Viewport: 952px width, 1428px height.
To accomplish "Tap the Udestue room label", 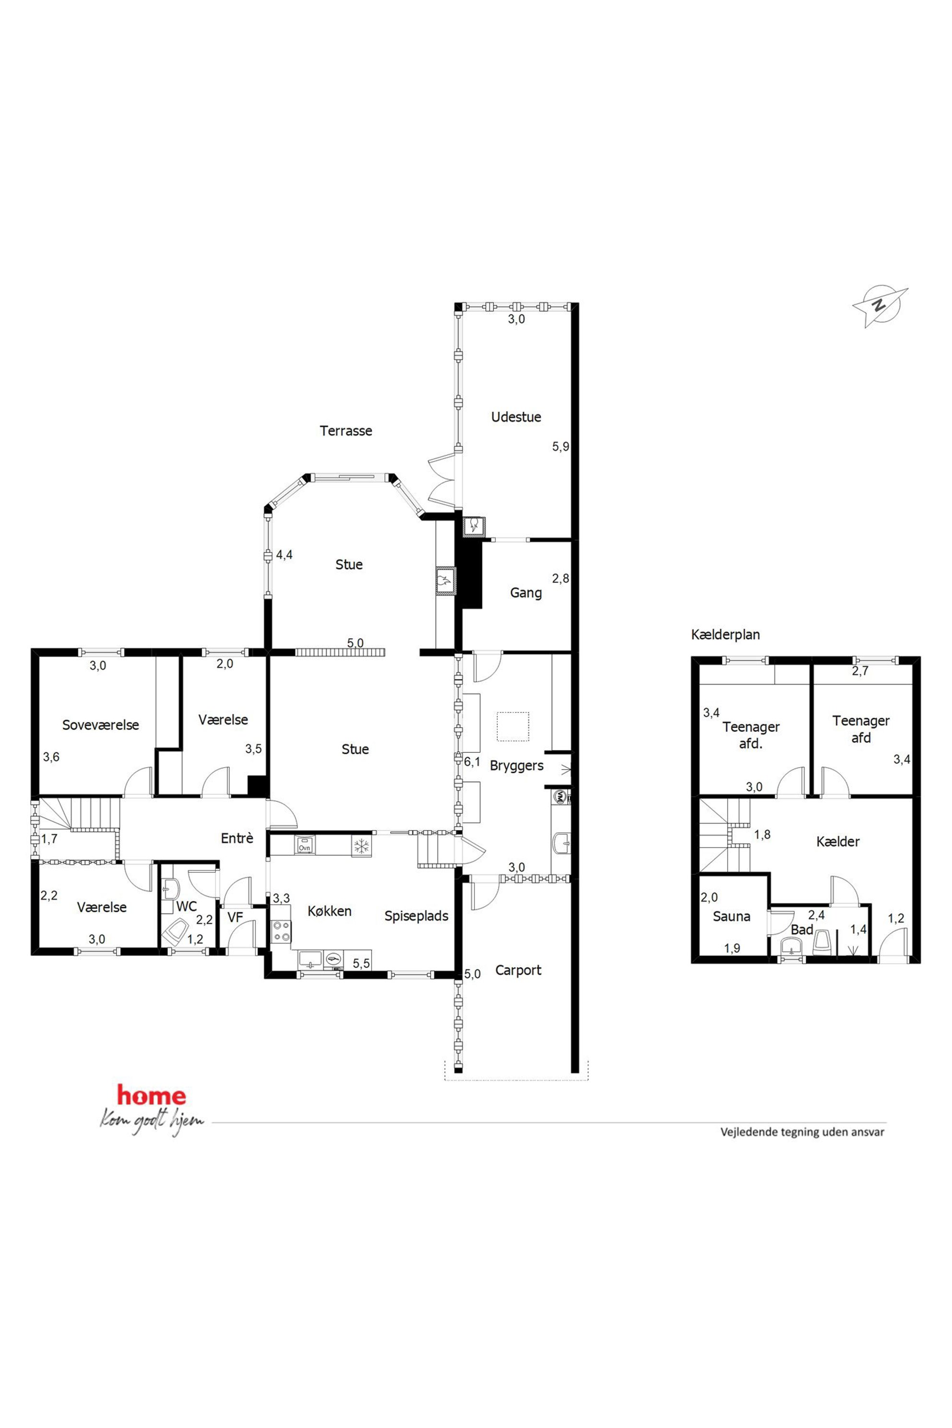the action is coord(516,417).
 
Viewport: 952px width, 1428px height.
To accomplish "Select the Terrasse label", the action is coord(346,431).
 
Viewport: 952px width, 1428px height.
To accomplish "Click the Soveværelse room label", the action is coord(101,725).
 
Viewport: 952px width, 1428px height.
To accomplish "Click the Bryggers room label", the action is coord(517,766).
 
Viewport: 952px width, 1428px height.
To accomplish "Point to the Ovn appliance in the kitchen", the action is coord(305,846).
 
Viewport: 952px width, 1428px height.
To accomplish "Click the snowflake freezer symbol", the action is coord(361,846).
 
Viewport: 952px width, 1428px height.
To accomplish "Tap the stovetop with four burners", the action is coord(281,931).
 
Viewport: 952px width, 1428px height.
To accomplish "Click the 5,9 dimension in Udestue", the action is coord(560,446).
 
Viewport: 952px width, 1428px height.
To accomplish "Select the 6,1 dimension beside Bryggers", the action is coord(472,762).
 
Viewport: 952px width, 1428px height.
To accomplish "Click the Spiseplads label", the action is coord(416,916).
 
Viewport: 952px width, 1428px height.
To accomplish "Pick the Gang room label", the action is coord(526,593).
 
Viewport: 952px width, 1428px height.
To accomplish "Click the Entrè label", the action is coord(237,838).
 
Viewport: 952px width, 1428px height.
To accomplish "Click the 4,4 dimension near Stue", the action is coord(284,554).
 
